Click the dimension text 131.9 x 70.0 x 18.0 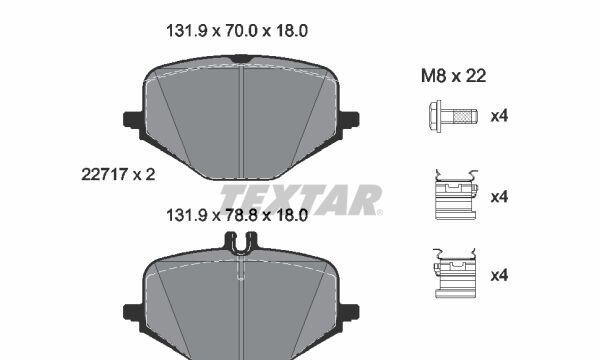tap(237, 31)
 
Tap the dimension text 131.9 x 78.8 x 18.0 tap(237, 215)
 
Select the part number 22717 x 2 tap(118, 174)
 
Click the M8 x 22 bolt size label tap(453, 76)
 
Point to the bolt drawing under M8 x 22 tap(453, 116)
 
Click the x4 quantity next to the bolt tap(499, 116)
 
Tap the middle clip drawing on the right tap(456, 195)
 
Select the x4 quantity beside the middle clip tap(499, 197)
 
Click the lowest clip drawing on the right tap(455, 273)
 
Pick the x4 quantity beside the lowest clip tap(499, 275)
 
